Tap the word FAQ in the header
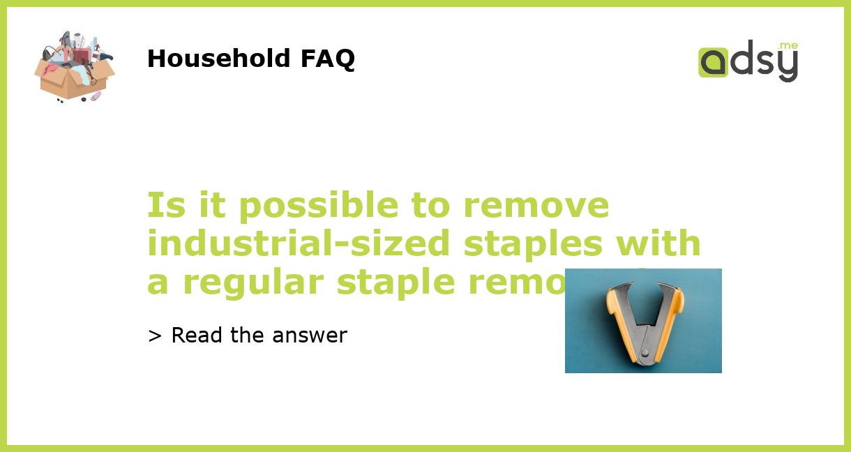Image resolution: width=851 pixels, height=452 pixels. [x=327, y=59]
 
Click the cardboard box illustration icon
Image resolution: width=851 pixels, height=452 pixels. [x=74, y=67]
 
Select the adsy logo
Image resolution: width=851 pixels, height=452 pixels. [x=748, y=61]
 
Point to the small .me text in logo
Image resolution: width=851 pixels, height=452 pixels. [x=788, y=46]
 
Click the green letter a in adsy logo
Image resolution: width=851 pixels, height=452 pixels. [x=713, y=62]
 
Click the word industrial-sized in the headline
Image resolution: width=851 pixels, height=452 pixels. [x=301, y=243]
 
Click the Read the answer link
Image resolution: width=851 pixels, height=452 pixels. [x=248, y=336]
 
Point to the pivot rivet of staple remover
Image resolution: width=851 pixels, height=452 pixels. [x=644, y=353]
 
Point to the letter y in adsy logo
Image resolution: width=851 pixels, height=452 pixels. [x=786, y=65]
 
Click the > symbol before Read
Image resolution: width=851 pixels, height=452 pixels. [x=155, y=336]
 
